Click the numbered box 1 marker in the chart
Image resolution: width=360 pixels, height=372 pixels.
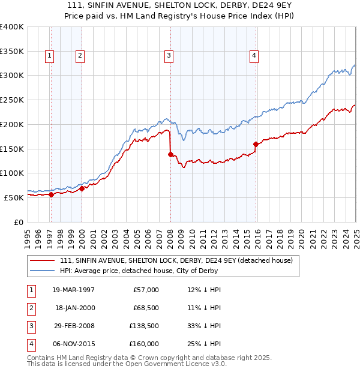[49, 56]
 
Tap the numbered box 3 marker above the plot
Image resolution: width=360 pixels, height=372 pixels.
[169, 56]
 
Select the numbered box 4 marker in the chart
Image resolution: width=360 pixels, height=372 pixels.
[254, 56]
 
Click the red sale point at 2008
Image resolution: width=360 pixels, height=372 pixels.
[170, 154]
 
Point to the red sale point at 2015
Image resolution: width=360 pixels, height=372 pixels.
[256, 144]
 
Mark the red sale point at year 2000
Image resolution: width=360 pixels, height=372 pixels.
[82, 188]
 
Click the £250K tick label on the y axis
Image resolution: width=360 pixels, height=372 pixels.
[11, 100]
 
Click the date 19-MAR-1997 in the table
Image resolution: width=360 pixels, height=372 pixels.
[74, 290]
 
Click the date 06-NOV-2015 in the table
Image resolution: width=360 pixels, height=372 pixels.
[74, 344]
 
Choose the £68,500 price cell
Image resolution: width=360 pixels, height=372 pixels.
[144, 308]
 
